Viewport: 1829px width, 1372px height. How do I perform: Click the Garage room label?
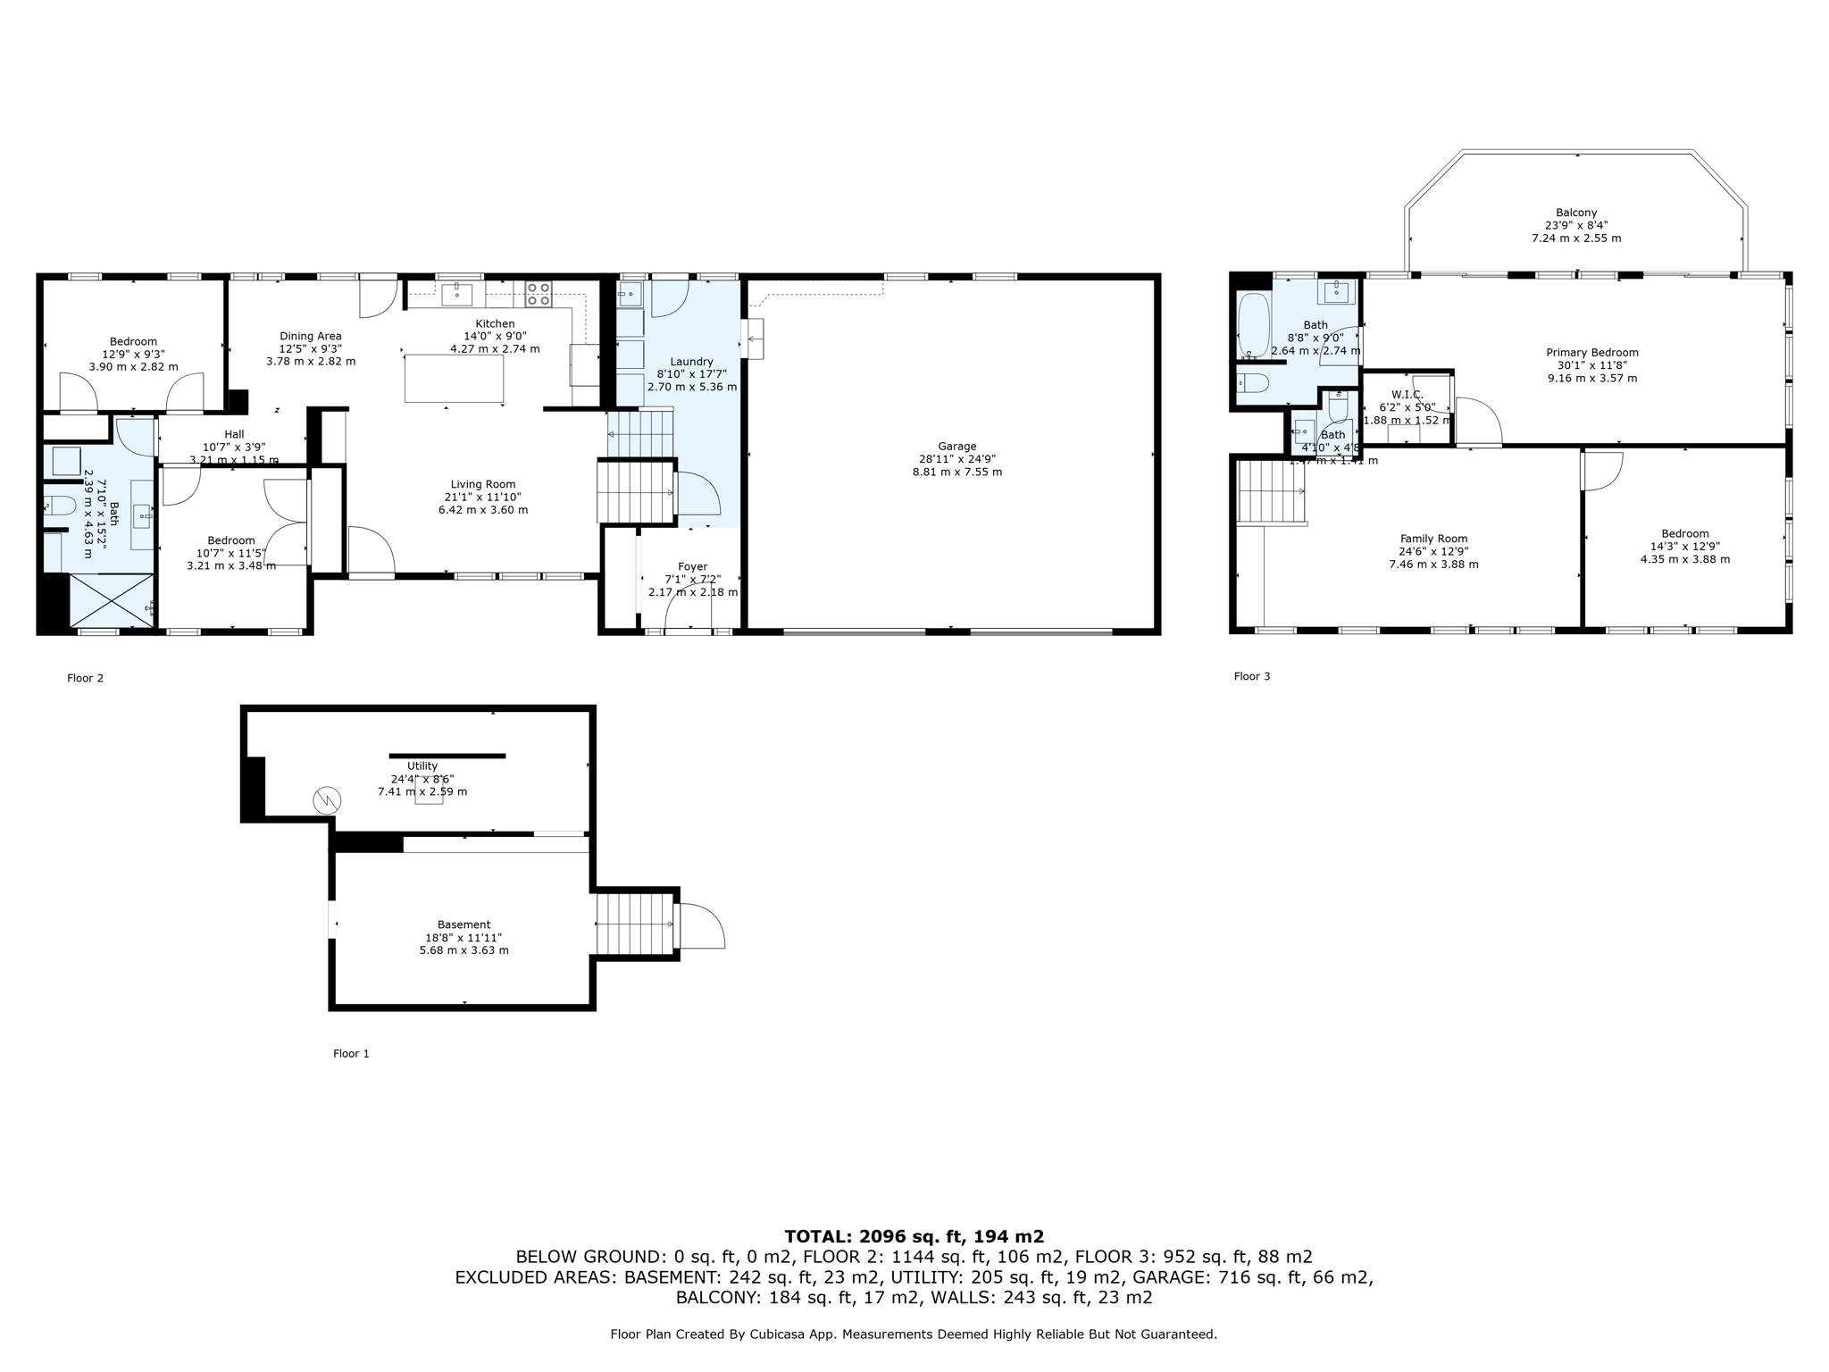coord(956,447)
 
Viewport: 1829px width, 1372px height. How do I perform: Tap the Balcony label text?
coord(1575,213)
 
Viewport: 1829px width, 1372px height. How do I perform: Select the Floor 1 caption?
coord(351,1054)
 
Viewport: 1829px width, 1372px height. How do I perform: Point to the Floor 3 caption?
coord(1251,676)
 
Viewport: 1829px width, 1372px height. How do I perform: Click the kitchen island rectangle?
coord(454,378)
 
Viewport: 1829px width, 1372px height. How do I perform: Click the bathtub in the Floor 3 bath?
coord(1253,326)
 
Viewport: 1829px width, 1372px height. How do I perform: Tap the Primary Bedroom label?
coord(1591,353)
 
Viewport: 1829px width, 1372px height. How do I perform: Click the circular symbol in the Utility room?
coord(327,800)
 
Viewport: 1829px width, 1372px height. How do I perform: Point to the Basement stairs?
coord(635,924)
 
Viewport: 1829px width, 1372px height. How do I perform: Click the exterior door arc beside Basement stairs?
coord(703,926)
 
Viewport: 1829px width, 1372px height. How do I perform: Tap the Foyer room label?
coord(692,566)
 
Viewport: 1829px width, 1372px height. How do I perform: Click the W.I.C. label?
coord(1407,395)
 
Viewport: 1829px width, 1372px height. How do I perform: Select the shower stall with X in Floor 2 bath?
coord(111,600)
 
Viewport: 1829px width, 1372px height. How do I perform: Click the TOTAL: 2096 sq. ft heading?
coord(914,1236)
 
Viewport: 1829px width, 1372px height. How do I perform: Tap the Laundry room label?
coord(691,362)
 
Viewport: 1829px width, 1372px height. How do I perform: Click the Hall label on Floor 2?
coord(234,434)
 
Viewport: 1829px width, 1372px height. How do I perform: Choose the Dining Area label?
coord(310,336)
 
